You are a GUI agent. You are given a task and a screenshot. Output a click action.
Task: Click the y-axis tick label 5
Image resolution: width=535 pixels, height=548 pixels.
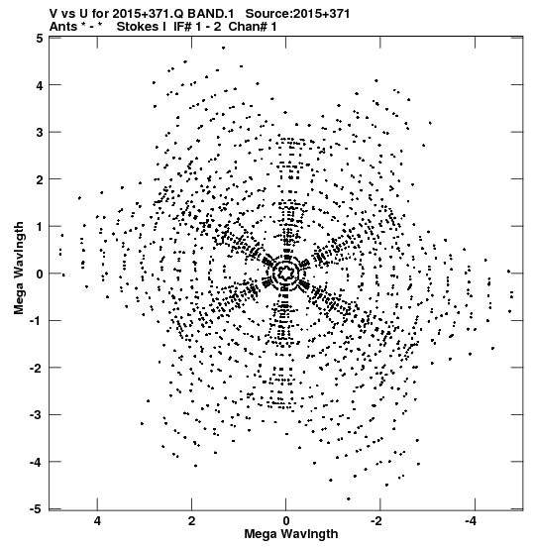pos(40,38)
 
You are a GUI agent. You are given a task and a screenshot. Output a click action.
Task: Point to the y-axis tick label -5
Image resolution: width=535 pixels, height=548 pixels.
pos(37,509)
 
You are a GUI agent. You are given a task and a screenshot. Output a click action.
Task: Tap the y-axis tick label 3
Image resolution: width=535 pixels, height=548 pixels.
pos(40,133)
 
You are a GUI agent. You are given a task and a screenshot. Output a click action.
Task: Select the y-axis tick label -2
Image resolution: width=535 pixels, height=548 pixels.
pos(37,368)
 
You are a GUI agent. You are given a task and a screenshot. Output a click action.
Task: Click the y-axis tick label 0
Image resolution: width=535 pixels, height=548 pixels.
pos(40,274)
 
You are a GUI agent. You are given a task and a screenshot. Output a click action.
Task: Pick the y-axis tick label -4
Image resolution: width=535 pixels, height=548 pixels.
pos(37,462)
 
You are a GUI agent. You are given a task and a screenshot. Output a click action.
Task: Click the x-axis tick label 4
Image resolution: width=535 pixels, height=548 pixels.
pos(97,521)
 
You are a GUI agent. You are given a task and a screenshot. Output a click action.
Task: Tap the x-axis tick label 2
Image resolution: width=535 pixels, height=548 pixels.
pos(191,521)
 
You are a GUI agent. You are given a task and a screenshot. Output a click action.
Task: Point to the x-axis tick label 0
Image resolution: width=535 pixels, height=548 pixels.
pos(286,521)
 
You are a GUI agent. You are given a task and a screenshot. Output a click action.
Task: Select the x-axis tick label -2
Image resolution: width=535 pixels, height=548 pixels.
pos(377,521)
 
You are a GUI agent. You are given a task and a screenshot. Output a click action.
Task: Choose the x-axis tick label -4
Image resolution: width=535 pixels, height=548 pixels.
pos(472,521)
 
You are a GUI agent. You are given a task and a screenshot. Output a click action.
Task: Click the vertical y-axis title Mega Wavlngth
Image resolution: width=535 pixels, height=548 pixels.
pos(19,269)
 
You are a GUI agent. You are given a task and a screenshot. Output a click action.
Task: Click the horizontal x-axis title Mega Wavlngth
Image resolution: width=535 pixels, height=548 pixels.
pos(291,534)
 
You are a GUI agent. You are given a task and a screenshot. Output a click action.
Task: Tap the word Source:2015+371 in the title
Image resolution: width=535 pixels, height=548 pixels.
pos(297,14)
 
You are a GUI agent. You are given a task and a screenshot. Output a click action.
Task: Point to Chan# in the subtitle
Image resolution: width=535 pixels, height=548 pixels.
pos(248,27)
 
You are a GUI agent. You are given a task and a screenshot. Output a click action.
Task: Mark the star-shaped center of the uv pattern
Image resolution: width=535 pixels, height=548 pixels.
pos(286,272)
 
